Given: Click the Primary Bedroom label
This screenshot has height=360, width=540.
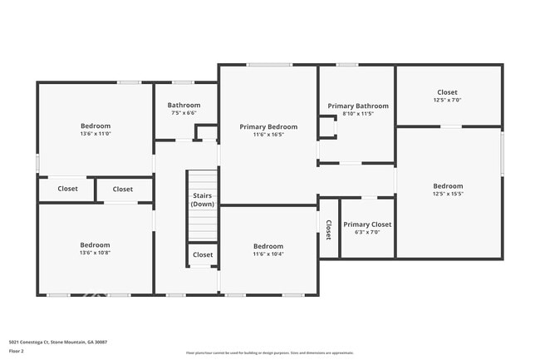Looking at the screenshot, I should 268,126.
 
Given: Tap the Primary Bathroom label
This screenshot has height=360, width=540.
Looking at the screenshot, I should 357,106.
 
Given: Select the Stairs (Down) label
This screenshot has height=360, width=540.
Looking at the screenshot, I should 202,200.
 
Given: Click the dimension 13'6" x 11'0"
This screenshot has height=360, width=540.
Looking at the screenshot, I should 96,134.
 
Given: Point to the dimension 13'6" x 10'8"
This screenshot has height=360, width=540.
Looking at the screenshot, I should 96,253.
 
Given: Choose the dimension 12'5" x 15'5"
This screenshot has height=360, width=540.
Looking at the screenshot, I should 448,194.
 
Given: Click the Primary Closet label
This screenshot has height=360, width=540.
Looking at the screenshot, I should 367,224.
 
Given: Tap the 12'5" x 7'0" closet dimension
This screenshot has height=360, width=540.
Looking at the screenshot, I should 447,101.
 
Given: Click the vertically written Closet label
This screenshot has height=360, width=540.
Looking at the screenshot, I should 328,230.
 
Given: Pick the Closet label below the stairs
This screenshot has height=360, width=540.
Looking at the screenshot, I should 202,254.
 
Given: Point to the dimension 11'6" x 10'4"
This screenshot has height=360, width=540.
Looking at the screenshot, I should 268,254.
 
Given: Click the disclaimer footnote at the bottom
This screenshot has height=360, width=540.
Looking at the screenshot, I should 269,353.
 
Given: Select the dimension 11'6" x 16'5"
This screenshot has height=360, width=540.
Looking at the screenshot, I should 268,135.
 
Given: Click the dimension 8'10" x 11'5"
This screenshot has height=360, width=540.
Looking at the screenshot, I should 357,114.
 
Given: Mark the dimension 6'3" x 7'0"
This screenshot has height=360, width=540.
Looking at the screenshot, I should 367,233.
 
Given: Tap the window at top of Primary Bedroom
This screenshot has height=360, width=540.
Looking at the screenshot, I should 268,65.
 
